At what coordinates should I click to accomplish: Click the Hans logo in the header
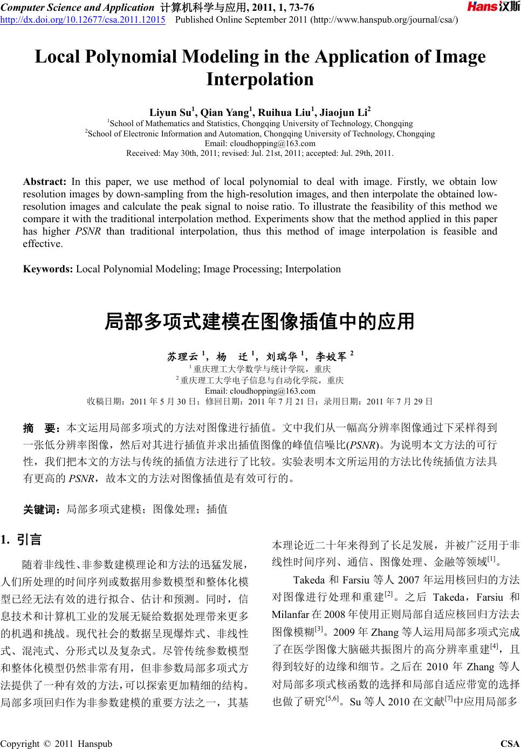click(x=490, y=7)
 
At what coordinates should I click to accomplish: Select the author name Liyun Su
click(x=171, y=113)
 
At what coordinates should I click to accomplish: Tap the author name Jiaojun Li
click(x=343, y=113)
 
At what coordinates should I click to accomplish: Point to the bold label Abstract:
click(x=45, y=182)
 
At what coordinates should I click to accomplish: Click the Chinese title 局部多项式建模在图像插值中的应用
click(x=259, y=322)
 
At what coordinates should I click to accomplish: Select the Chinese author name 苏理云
click(x=183, y=356)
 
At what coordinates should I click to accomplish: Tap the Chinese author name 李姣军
click(x=331, y=356)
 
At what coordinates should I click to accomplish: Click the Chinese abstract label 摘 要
click(x=42, y=429)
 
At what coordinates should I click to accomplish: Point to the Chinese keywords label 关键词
click(x=42, y=509)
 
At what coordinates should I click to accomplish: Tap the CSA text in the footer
click(x=510, y=744)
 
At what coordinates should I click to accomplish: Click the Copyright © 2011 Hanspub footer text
click(x=57, y=744)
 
